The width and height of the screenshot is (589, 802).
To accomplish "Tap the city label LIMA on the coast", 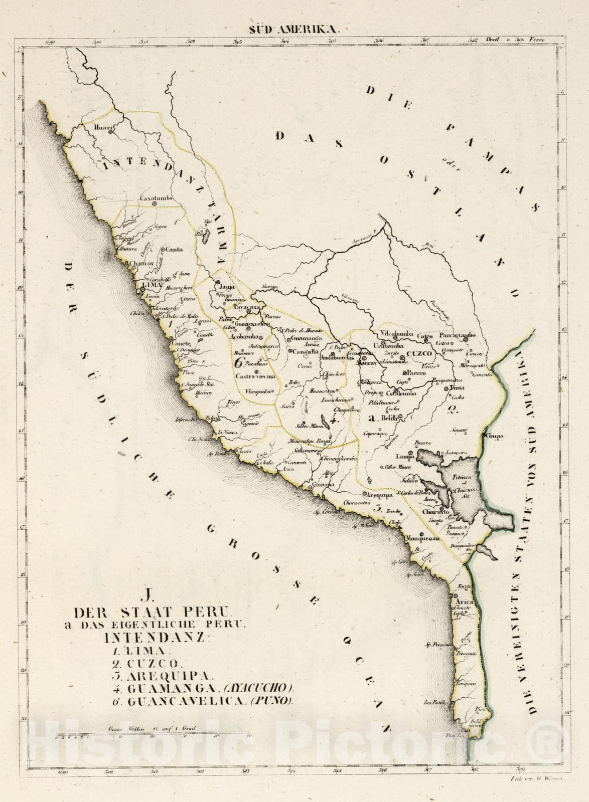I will click(x=153, y=284).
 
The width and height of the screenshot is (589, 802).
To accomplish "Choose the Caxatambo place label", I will click(x=156, y=198).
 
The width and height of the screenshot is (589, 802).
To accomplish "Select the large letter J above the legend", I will click(x=147, y=596).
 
